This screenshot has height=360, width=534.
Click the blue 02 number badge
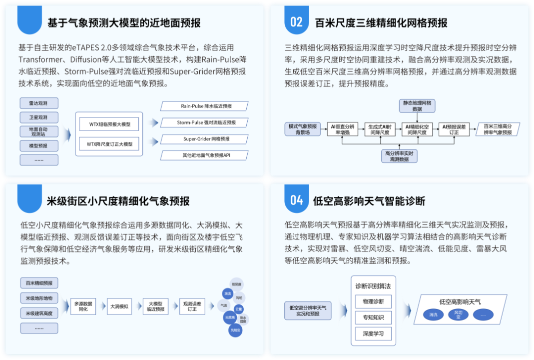[x=296, y=21]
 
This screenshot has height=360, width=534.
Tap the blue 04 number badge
[x=296, y=200]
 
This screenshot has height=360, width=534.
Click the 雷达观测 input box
[x=39, y=103]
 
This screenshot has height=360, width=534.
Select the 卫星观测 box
[x=39, y=117]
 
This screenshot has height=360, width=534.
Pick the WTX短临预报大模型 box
[x=110, y=123]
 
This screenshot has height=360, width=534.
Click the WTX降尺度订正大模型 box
[x=110, y=144]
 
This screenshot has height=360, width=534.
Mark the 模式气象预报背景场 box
[x=303, y=129]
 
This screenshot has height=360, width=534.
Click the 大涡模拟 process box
[x=119, y=306]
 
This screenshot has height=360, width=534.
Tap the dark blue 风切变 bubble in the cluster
[x=236, y=329]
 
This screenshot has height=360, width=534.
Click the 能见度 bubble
[x=236, y=284]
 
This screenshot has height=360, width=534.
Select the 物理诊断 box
[x=373, y=301]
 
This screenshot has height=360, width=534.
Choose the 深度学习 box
[x=373, y=333]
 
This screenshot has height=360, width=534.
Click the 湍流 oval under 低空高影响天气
[x=433, y=314]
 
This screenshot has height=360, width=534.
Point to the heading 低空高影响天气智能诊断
[x=369, y=201]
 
